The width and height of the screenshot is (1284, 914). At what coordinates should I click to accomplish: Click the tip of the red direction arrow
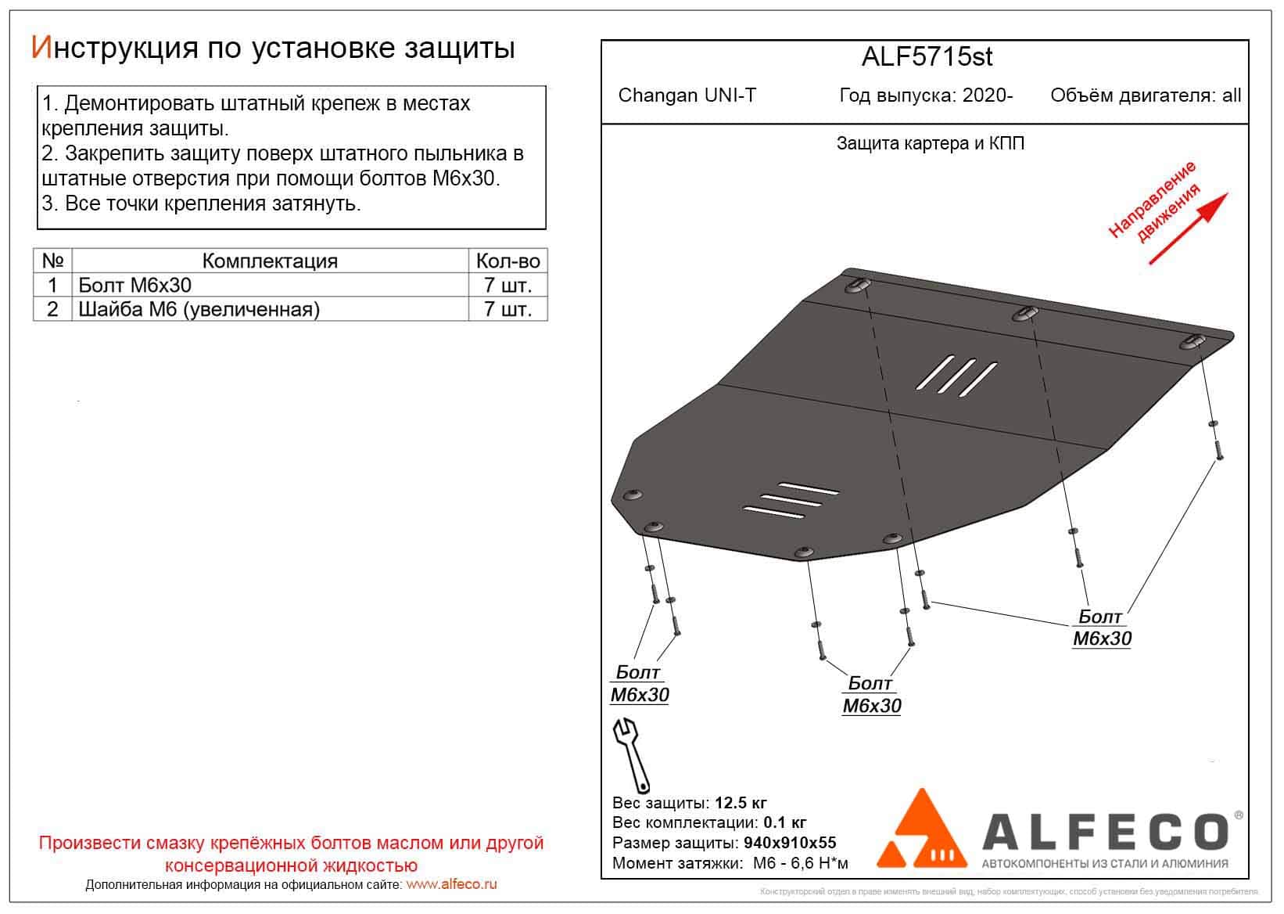click(1228, 193)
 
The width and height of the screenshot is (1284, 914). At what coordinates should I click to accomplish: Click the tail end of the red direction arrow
click(1150, 264)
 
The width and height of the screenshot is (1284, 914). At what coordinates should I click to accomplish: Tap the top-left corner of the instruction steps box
click(38, 87)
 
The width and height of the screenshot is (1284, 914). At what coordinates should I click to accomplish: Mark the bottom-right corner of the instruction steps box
click(547, 229)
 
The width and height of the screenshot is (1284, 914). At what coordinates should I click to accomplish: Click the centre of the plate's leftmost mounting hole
click(633, 495)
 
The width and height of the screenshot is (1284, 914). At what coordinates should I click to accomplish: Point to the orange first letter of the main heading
click(41, 47)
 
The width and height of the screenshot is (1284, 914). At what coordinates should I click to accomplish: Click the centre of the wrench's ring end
click(644, 786)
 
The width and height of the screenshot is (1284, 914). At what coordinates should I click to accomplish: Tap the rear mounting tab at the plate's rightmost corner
click(1193, 342)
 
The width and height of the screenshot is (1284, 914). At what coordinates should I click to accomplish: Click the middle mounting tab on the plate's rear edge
click(1025, 314)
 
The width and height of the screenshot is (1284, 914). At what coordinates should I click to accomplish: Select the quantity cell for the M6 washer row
click(508, 309)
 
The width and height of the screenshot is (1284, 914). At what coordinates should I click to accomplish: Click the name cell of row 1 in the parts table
click(270, 285)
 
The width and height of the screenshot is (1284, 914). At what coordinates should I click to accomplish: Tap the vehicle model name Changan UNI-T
click(687, 95)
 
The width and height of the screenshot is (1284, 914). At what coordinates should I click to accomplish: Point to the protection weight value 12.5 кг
click(741, 803)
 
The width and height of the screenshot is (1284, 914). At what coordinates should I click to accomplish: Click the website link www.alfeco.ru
click(451, 884)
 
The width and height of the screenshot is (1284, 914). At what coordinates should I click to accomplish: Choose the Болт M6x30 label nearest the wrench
click(639, 683)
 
